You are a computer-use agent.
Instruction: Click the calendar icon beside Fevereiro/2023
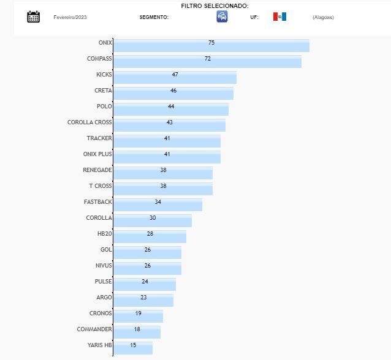(x=34, y=17)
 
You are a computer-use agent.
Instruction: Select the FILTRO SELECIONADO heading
(x=214, y=6)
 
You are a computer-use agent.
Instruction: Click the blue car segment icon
(x=222, y=17)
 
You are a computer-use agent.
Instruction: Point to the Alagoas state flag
(x=279, y=17)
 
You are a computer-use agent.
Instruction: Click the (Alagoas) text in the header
(x=323, y=17)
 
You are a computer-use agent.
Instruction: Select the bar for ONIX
(x=211, y=46)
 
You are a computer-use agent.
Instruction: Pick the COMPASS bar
(x=207, y=62)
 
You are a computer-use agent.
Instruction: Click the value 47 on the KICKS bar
(x=175, y=74)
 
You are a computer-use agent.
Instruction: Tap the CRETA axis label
(x=103, y=90)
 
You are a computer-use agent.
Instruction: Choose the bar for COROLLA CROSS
(x=169, y=126)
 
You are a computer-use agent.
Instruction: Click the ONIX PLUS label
(x=97, y=154)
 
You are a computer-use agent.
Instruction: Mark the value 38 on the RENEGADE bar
(x=163, y=170)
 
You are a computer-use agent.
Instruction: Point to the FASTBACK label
(x=97, y=201)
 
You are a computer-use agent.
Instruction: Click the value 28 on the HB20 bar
(x=150, y=233)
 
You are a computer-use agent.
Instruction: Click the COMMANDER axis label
(x=94, y=329)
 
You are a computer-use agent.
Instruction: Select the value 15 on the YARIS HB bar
(x=133, y=345)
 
